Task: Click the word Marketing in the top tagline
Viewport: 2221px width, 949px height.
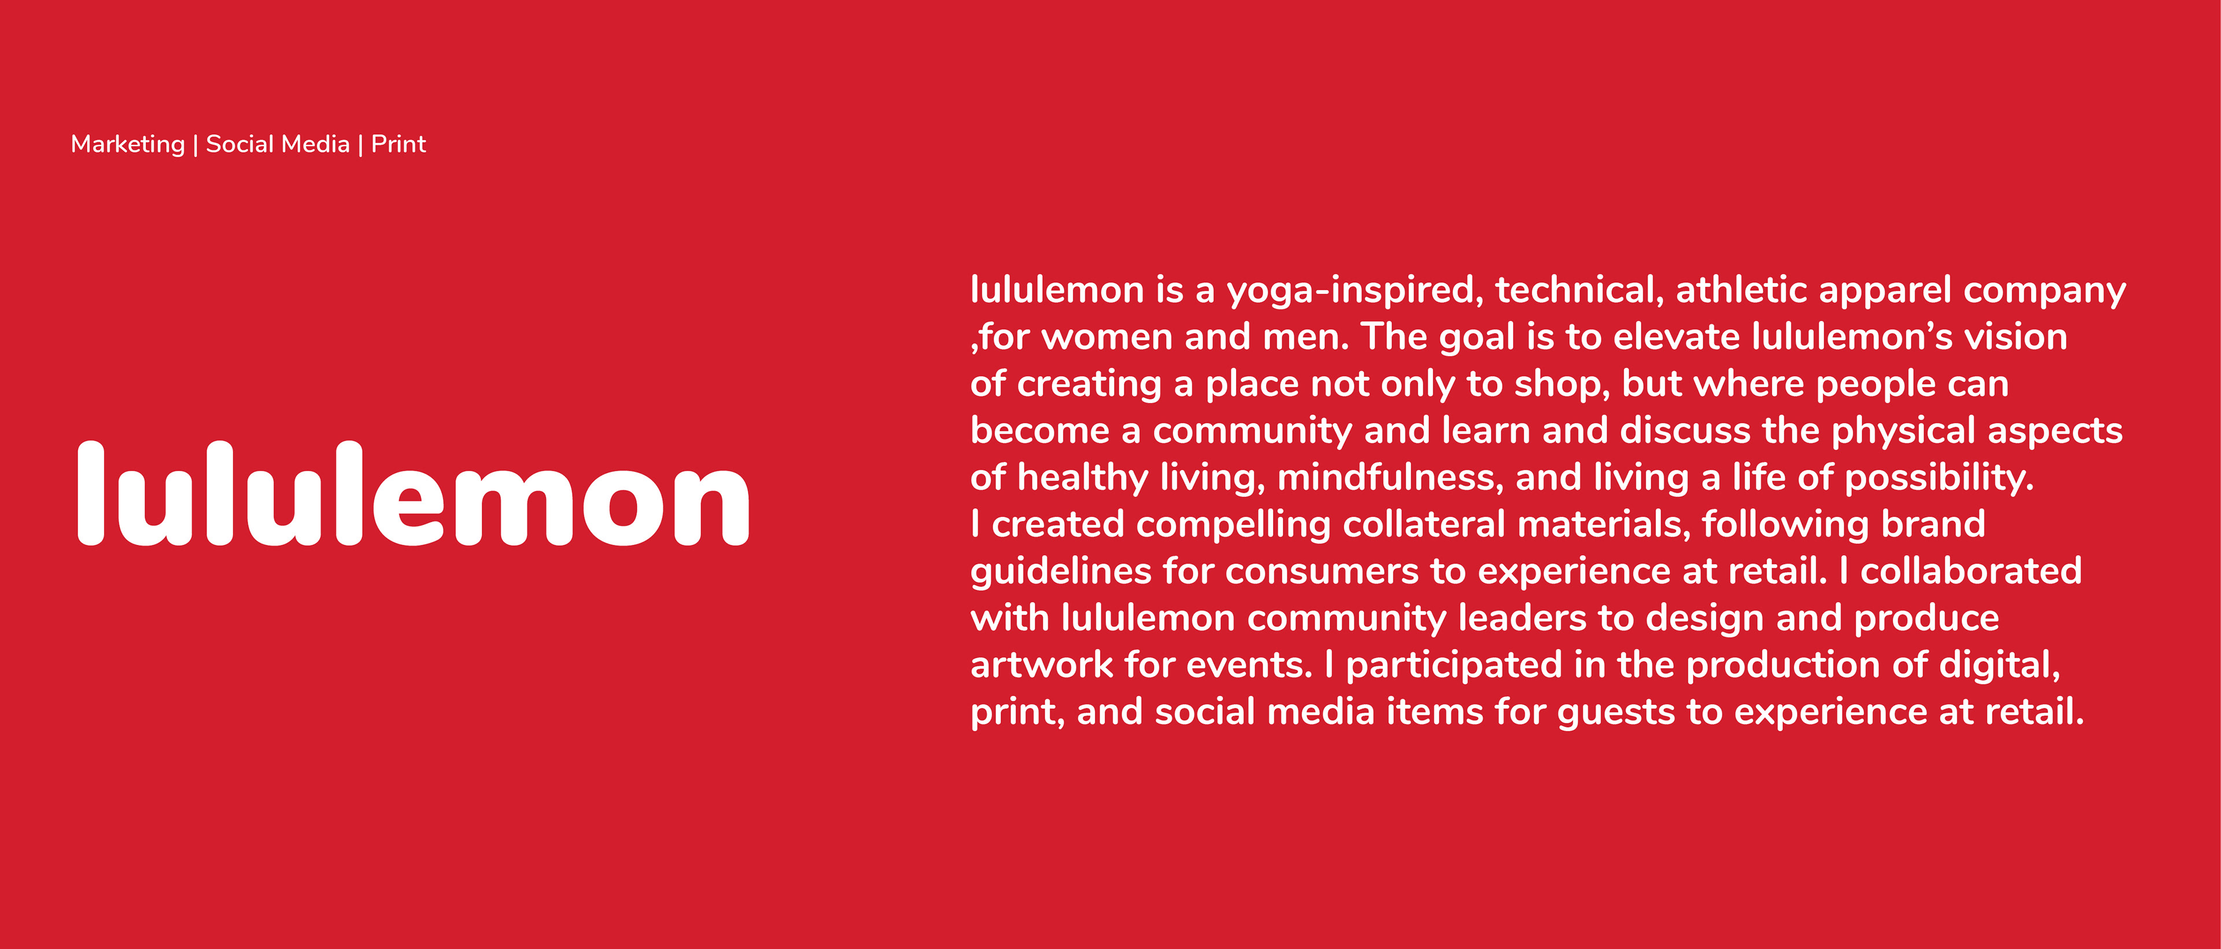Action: click(128, 145)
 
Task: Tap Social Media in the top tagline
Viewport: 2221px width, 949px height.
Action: click(278, 144)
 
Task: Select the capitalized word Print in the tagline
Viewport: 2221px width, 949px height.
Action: click(399, 144)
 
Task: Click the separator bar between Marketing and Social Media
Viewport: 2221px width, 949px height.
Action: click(195, 145)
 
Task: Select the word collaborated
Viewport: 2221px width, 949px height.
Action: click(1971, 571)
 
